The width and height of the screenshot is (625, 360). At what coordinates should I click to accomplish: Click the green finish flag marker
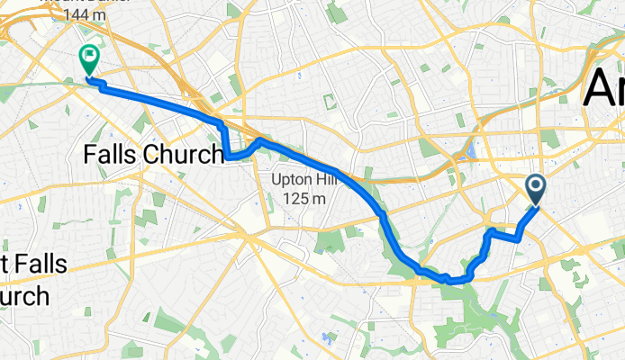coord(90,59)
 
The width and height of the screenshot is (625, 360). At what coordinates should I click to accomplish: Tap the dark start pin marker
coord(536,188)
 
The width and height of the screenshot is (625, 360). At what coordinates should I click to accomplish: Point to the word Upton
coord(292,180)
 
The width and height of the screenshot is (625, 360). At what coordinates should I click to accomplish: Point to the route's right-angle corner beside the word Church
coord(226,156)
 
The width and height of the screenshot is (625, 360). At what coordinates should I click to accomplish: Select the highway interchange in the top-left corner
coord(27,36)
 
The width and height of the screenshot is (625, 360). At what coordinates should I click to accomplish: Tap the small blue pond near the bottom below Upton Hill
coord(329,341)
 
